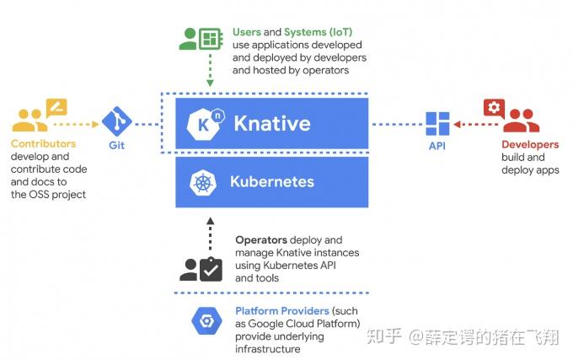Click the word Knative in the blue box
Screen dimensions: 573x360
[271, 124]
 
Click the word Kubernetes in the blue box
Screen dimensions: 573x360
[271, 181]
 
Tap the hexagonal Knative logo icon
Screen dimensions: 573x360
[202, 125]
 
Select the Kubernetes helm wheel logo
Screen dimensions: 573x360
[203, 182]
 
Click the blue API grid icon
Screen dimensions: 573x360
[437, 124]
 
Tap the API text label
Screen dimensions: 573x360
[437, 146]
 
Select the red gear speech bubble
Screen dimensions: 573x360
[493, 108]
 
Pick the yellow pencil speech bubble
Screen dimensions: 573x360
[56, 108]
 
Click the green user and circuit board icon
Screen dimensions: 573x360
[199, 39]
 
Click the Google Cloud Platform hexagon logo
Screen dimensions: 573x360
[206, 321]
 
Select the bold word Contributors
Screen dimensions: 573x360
[43, 144]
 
